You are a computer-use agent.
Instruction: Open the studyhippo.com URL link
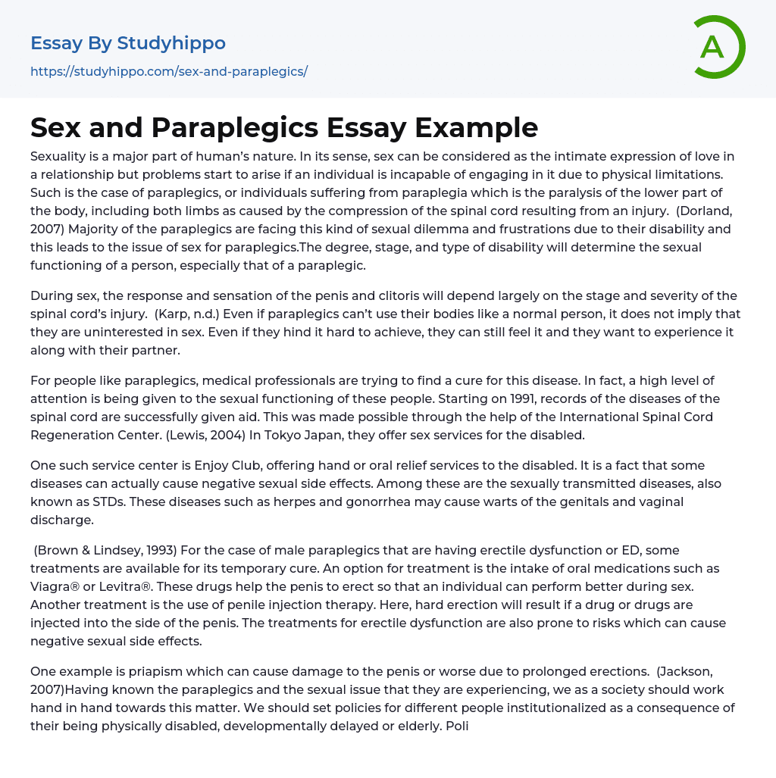(168, 71)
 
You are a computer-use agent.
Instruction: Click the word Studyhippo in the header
(171, 43)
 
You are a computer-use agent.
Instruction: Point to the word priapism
(138, 671)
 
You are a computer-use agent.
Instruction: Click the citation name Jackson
(683, 671)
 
